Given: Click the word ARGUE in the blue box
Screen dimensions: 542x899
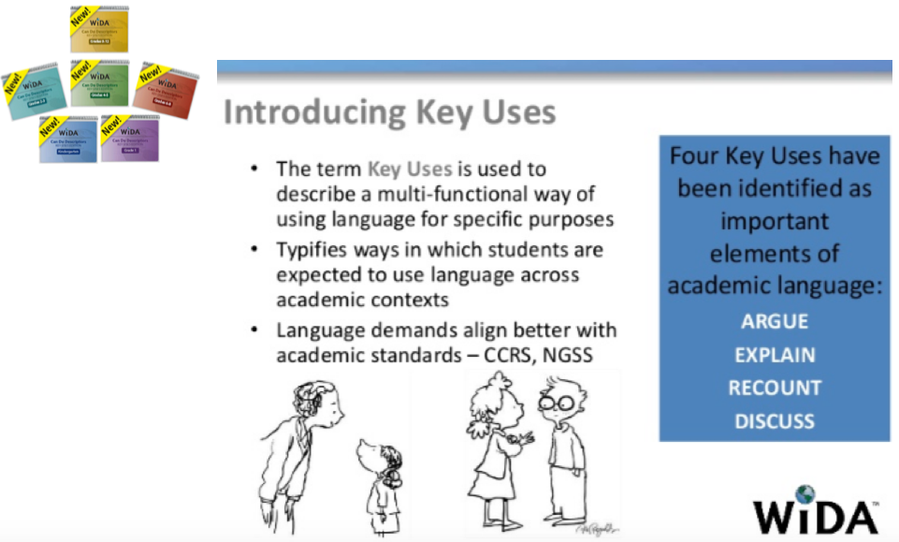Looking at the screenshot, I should click(x=775, y=322).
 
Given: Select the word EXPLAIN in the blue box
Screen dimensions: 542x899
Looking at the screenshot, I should click(x=775, y=356).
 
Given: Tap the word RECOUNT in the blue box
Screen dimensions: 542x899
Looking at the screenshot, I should click(x=775, y=388).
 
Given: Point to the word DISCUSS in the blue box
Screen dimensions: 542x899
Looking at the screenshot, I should click(x=775, y=421).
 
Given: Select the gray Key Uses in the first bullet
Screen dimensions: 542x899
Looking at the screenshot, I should click(x=410, y=169).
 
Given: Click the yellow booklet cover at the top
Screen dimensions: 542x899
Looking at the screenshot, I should click(x=103, y=29).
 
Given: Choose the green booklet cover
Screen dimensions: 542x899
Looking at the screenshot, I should click(x=101, y=83).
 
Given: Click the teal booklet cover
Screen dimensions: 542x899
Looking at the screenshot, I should click(x=35, y=94).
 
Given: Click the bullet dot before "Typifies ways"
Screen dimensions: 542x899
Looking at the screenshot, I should click(x=254, y=250).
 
